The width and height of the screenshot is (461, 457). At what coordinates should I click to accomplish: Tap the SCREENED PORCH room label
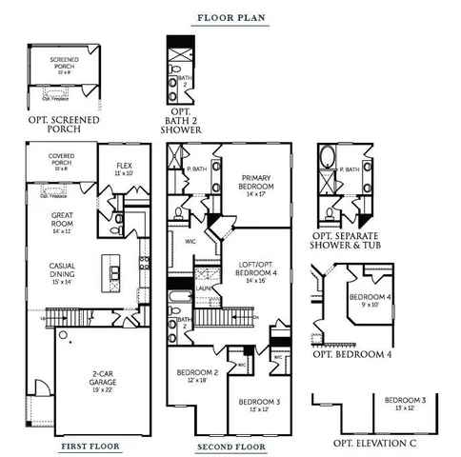tap(64, 63)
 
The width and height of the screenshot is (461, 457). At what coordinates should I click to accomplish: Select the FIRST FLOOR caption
tap(91, 445)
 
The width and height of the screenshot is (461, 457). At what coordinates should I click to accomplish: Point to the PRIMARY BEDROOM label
tap(257, 183)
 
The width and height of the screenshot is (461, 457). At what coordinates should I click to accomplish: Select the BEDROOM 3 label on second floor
tap(259, 406)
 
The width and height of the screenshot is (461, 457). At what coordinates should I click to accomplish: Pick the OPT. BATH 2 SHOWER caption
tap(183, 124)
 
